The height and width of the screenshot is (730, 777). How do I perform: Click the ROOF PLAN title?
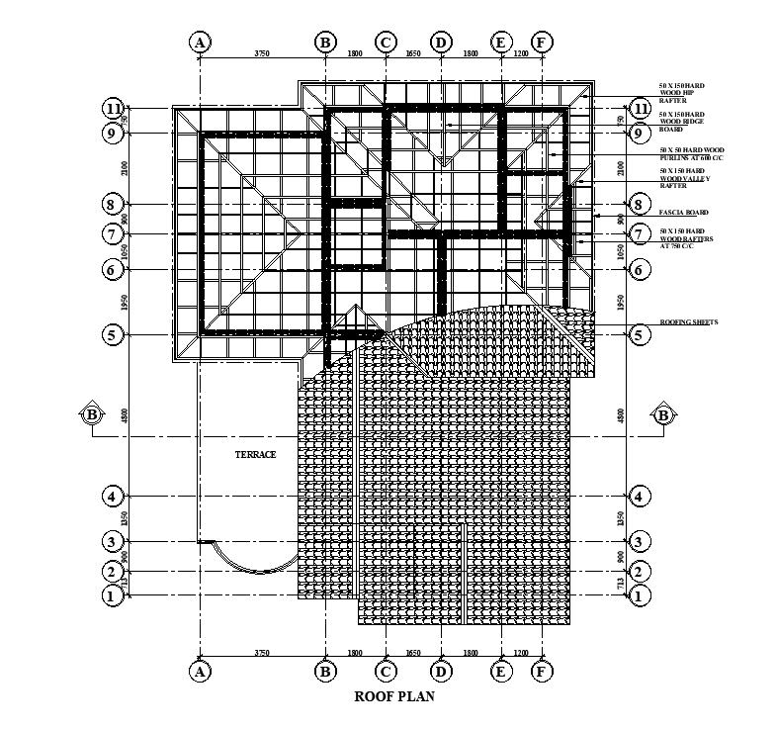click(395, 696)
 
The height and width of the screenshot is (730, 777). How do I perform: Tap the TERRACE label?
click(255, 454)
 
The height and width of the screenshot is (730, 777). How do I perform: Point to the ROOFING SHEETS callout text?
click(688, 322)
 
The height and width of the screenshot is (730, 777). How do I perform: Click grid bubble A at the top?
click(200, 43)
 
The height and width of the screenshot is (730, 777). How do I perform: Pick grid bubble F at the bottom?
click(541, 672)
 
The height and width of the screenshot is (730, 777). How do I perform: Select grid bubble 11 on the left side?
click(114, 108)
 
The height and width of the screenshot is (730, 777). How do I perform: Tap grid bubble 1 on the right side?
click(640, 595)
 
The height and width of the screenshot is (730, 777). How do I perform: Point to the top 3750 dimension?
click(262, 52)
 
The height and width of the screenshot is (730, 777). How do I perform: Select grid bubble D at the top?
click(441, 43)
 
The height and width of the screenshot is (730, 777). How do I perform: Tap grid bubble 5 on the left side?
click(114, 334)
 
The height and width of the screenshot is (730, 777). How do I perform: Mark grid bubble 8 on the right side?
click(640, 205)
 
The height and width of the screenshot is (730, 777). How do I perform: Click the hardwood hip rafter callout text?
click(682, 93)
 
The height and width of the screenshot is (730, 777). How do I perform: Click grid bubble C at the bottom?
click(386, 672)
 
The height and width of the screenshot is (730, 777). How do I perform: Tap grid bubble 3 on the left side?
click(114, 542)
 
